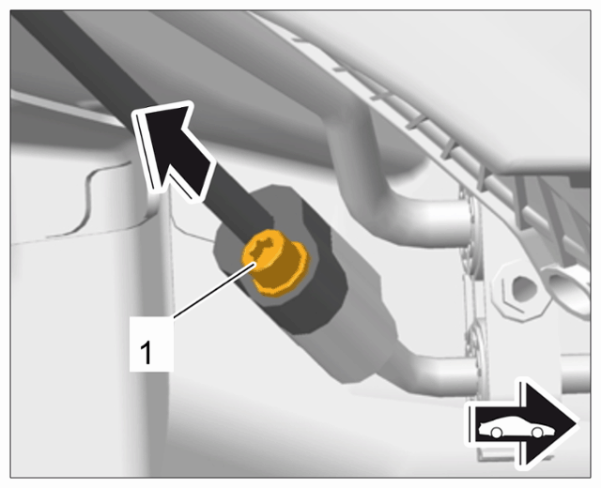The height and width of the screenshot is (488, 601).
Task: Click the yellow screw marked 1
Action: pyautogui.click(x=274, y=263)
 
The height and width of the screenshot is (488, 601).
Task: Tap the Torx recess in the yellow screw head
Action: pyautogui.click(x=260, y=247)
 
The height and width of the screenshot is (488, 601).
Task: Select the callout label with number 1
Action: pyautogui.click(x=151, y=344)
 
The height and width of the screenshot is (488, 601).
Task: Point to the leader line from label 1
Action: pyautogui.click(x=213, y=290)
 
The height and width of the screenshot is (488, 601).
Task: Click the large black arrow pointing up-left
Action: pyautogui.click(x=173, y=150)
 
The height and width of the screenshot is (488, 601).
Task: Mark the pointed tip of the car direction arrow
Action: pyautogui.click(x=578, y=424)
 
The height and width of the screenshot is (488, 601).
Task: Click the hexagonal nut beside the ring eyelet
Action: pyautogui.click(x=522, y=290)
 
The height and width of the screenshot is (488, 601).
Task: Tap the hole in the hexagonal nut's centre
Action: pyautogui.click(x=523, y=289)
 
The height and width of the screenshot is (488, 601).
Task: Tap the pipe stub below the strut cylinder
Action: pyautogui.click(x=440, y=374)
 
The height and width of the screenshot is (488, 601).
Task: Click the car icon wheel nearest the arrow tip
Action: pyautogui.click(x=537, y=433)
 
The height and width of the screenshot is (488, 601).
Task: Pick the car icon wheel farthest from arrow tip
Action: pyautogui.click(x=497, y=433)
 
